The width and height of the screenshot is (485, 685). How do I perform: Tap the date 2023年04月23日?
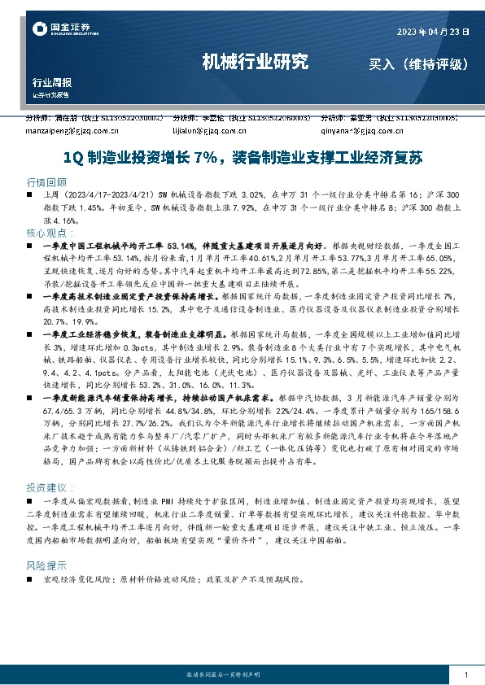click(x=433, y=32)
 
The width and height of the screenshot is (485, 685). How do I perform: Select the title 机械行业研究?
click(x=254, y=61)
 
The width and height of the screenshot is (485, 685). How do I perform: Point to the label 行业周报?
click(x=51, y=82)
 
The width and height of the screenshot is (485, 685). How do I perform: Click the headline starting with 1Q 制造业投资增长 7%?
click(x=242, y=156)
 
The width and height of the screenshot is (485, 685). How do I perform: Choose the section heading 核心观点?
click(x=48, y=232)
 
